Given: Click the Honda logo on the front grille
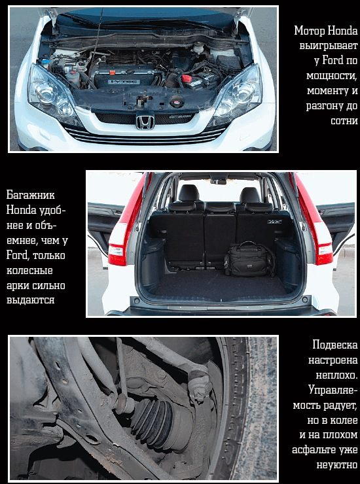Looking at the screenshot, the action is tap(145, 122).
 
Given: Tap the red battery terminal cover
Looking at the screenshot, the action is tap(187, 78).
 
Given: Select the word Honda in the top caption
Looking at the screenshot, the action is tap(342, 31).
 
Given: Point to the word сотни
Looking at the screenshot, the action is tap(344, 121).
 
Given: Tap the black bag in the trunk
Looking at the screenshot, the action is tap(249, 258).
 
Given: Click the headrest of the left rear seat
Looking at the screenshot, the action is tap(189, 193).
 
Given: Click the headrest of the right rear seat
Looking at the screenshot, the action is tap(249, 195).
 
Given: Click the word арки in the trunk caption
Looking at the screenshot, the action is tap(17, 286).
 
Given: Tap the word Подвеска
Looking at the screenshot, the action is tap(335, 345).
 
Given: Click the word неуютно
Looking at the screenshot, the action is tap(337, 465).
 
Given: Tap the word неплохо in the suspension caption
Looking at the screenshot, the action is tap(336, 375).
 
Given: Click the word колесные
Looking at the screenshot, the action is tap(29, 271).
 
